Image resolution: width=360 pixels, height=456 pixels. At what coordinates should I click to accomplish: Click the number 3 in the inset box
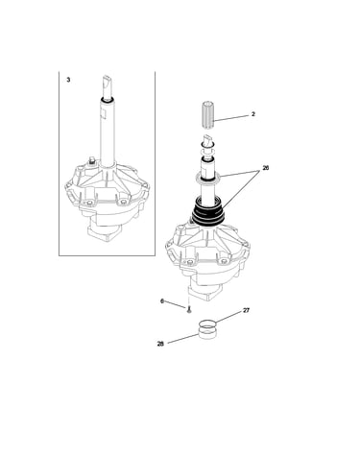(68, 80)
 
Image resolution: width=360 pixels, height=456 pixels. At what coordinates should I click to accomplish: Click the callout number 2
(253, 114)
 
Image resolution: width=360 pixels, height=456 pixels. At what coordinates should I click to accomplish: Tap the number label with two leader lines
(266, 168)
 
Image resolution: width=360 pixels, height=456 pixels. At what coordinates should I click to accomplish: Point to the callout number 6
(162, 301)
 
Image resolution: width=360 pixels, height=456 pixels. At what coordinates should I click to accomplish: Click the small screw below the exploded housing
(189, 309)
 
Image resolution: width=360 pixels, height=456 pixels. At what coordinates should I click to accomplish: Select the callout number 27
(246, 310)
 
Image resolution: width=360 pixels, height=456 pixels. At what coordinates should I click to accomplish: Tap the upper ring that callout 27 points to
(207, 325)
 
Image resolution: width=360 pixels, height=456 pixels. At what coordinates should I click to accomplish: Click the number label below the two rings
(160, 344)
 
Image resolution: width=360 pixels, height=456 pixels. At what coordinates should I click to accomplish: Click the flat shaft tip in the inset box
(107, 84)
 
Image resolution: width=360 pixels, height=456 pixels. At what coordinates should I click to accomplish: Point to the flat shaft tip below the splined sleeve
(208, 139)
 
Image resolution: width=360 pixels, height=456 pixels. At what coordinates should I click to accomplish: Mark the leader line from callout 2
(231, 118)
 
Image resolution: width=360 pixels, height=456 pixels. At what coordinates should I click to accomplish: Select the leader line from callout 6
(176, 304)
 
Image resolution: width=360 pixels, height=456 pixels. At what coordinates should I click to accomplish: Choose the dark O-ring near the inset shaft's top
(107, 101)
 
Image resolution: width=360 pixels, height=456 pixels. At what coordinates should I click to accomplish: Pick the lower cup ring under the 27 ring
(207, 334)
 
